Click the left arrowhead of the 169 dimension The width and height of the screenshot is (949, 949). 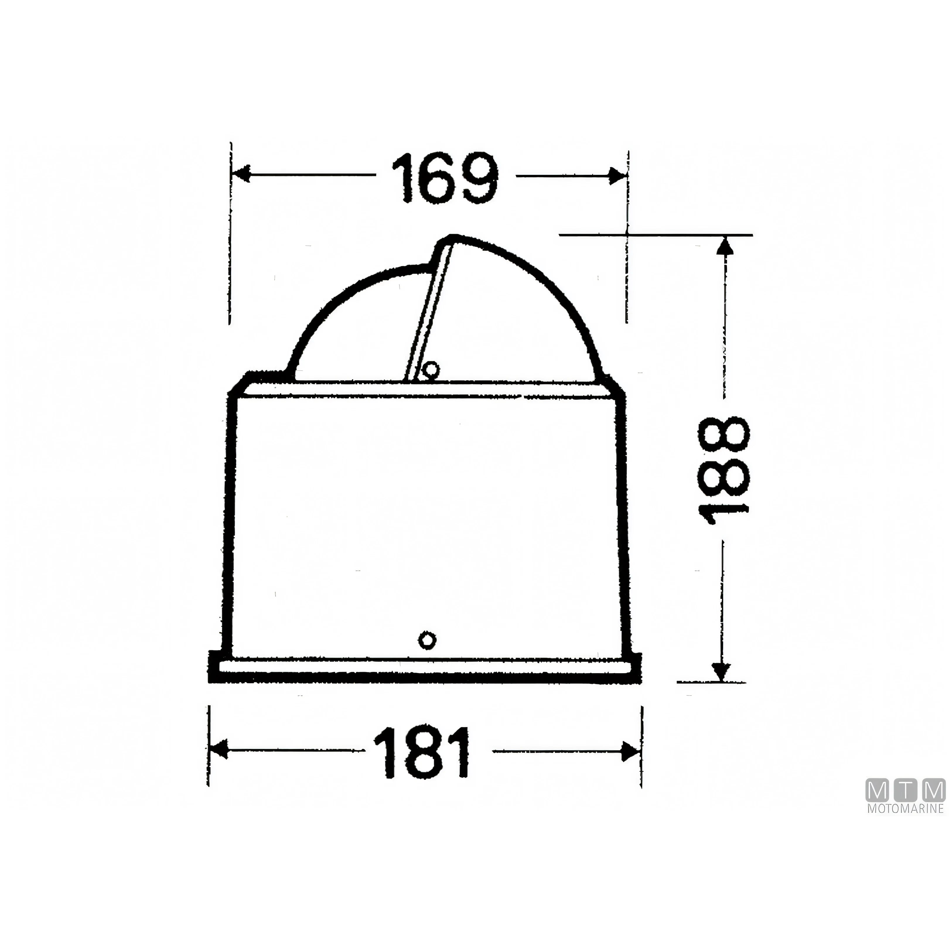tap(241, 174)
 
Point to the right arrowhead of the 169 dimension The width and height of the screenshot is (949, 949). tap(617, 175)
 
